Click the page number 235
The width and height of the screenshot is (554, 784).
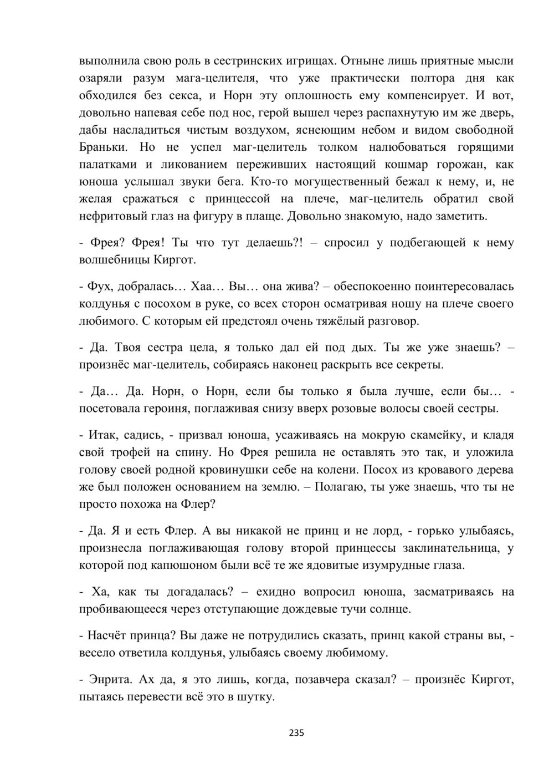[296, 733]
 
